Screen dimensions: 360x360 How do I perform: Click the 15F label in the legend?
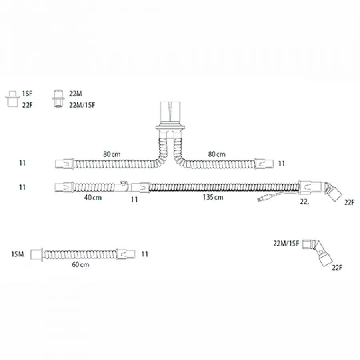pos(27,94)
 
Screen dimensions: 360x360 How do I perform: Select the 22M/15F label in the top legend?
pos(82,105)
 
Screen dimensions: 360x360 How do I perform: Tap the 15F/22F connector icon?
pos(13,99)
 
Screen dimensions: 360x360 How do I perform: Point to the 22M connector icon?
pos(58,99)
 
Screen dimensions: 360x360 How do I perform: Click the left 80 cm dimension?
pos(112,154)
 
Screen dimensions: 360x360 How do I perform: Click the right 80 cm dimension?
pos(216,154)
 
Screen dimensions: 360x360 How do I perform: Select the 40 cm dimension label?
pos(93,198)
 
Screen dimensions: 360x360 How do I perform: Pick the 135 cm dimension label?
pos(213,197)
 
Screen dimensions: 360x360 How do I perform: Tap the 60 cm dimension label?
pos(80,264)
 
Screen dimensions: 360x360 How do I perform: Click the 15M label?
pos(18,254)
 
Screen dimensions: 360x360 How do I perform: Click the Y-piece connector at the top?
pos(170,120)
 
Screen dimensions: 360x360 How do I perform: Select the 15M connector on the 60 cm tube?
pos(37,255)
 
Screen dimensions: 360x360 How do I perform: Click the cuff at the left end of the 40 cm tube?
pos(64,187)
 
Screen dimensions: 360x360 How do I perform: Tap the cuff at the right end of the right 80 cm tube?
pos(264,164)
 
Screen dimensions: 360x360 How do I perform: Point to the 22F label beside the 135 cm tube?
pos(349,202)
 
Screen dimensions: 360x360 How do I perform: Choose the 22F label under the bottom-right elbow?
pos(337,268)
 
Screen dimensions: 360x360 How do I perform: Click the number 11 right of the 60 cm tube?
pos(145,254)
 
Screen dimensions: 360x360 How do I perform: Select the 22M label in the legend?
pos(76,94)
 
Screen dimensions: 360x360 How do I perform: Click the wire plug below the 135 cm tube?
pos(264,198)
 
